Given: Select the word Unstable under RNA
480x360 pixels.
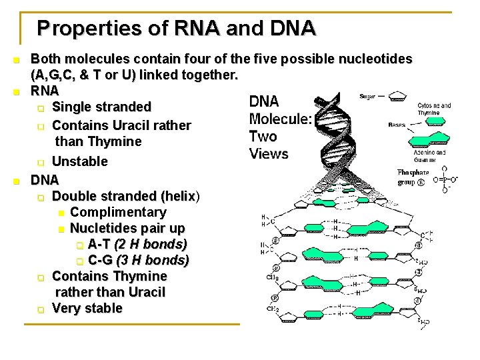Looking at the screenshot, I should click(79, 161).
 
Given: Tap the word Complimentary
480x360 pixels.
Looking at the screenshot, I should click(118, 212).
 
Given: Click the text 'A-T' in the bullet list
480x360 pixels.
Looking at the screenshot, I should click(100, 244).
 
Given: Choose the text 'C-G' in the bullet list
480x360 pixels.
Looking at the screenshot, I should click(101, 260).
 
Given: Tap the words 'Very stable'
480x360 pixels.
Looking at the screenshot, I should click(87, 308).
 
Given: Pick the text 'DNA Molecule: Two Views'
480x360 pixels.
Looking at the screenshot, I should click(279, 127).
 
